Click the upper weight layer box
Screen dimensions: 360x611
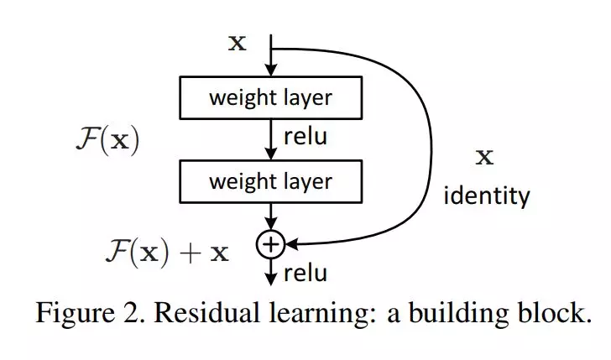point(270,98)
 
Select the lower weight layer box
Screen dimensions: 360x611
point(270,180)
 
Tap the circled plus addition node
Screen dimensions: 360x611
point(270,244)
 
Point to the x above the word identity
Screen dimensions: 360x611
point(484,157)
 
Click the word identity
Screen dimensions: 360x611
point(487,196)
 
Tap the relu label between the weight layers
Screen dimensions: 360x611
point(305,138)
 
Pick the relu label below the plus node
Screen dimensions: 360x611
point(305,273)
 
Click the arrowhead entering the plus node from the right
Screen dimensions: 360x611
point(290,244)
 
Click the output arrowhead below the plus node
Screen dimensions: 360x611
point(270,279)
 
